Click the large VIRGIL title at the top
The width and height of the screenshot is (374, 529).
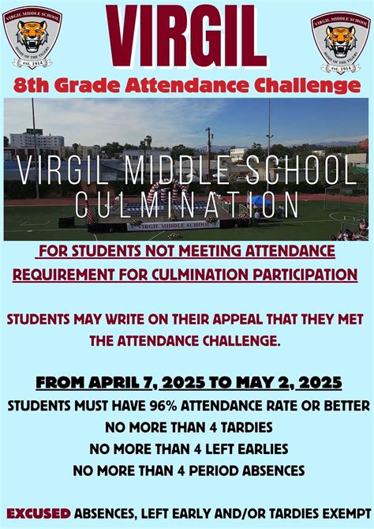187,37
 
